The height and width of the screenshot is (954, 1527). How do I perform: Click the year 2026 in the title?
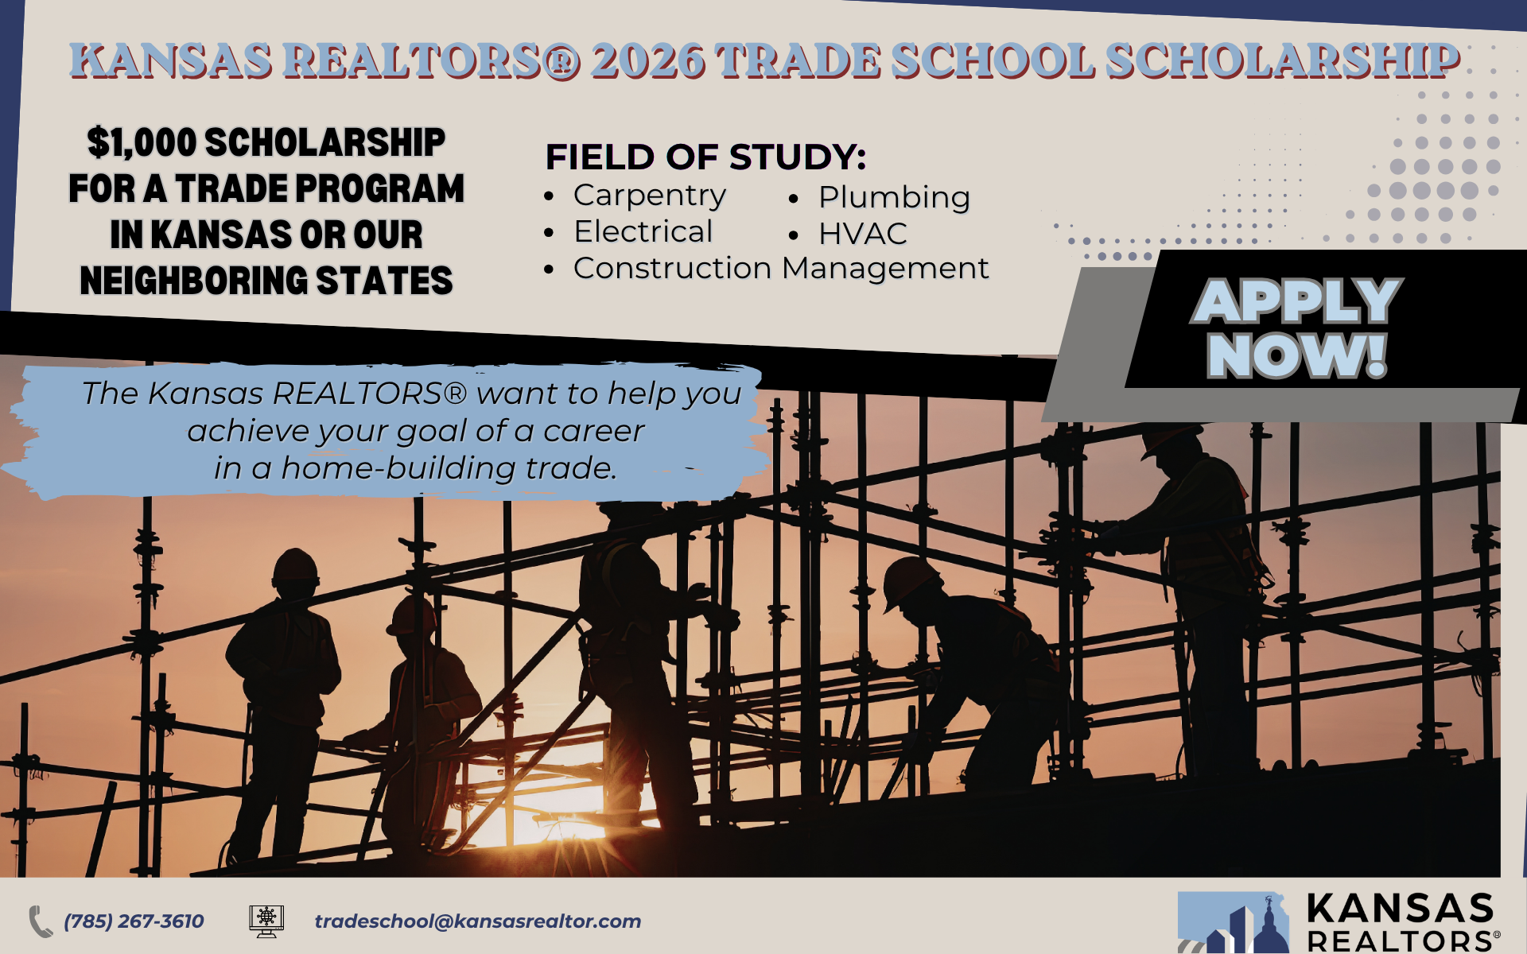pos(648,60)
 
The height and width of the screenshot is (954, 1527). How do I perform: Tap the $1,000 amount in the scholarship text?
pos(142,143)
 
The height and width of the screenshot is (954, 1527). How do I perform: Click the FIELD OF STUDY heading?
pos(705,157)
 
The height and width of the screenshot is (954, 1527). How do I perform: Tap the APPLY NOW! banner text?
pos(1297,328)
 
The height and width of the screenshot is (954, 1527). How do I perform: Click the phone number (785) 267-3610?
pos(134,921)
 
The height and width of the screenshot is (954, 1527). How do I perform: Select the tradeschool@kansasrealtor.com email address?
pos(478,921)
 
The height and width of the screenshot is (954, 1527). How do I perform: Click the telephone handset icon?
pos(41,921)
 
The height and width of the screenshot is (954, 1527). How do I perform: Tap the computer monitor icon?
pos(266,921)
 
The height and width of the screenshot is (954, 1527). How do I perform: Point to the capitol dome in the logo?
pos(1270,926)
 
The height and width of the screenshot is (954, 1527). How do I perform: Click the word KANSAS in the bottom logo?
pos(1401,909)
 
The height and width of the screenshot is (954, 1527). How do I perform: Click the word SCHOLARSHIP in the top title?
pos(1282,60)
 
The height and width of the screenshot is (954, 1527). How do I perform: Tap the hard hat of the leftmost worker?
pos(295,565)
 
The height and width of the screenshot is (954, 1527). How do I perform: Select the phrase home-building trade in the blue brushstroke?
pos(449,468)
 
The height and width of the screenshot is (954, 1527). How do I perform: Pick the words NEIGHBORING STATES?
pos(266,281)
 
